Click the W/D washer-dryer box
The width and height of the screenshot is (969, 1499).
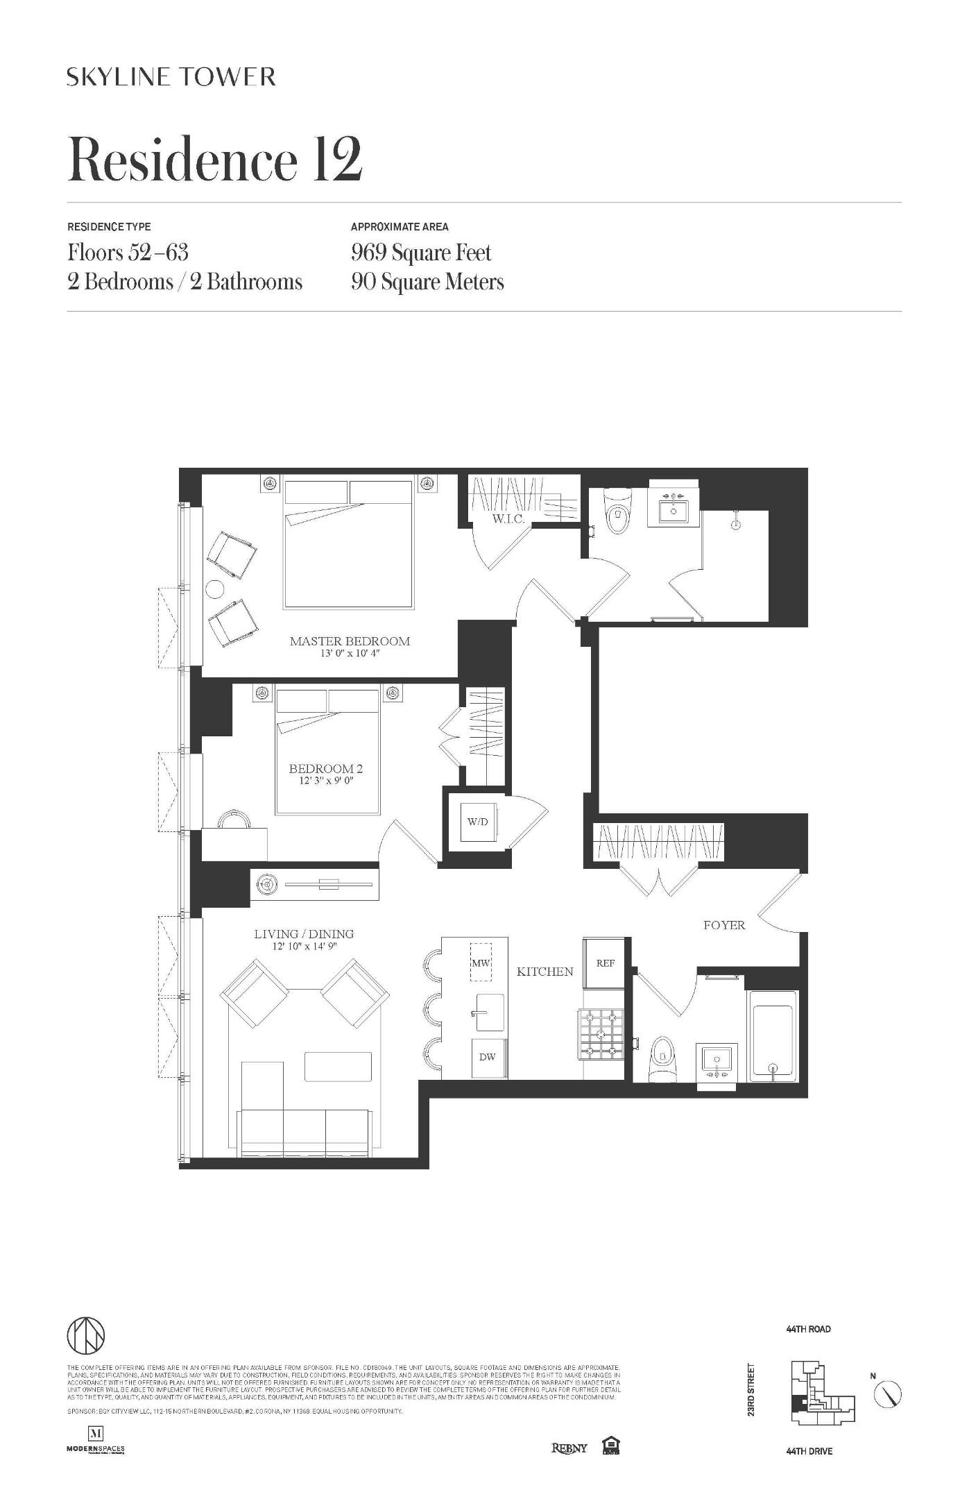point(478,822)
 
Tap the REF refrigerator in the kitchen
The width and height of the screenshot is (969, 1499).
point(606,963)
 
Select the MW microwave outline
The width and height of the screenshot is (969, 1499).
point(481,963)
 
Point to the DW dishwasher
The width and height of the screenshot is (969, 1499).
point(487,1058)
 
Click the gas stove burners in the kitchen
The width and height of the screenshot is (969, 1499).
point(601,1035)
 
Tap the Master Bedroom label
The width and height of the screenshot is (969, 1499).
point(350,641)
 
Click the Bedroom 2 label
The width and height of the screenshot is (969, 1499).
point(325,769)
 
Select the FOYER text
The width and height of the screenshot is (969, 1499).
point(723,925)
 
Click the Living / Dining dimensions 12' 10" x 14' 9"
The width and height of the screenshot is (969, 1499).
point(304,947)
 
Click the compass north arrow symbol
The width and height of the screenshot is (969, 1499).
point(887,1393)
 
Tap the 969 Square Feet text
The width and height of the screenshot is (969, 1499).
point(421,253)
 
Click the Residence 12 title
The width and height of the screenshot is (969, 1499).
point(214,160)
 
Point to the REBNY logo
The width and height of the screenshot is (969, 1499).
point(569,1448)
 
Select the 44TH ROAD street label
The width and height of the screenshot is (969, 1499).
point(808,1329)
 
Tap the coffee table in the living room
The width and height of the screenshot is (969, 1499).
point(338,1066)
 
